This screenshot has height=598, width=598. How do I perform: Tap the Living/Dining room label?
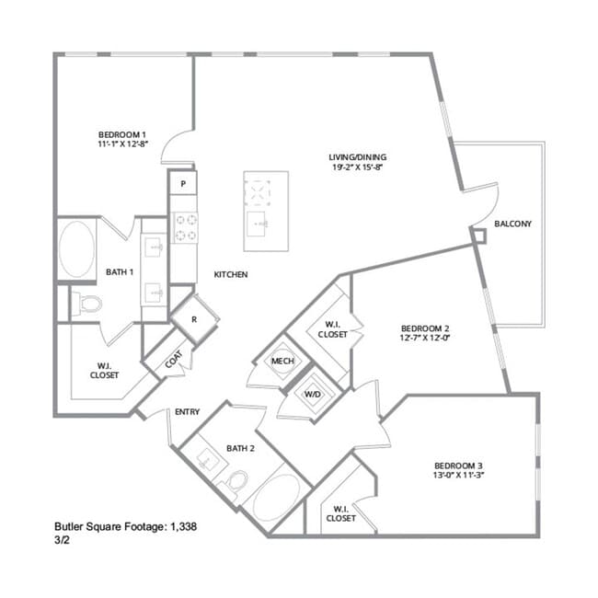(x=358, y=156)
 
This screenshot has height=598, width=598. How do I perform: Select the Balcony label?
(x=512, y=224)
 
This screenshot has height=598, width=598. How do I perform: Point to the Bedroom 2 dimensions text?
(x=425, y=337)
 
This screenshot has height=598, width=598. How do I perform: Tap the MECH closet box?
(x=282, y=361)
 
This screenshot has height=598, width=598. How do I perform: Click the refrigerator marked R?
(x=194, y=319)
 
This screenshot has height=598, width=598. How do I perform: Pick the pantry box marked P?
(x=184, y=184)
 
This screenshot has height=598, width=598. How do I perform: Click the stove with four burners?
(x=184, y=228)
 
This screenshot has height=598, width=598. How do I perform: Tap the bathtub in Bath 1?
(x=76, y=250)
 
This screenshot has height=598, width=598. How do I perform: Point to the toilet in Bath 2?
(x=237, y=479)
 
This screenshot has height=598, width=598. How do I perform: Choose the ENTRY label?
(x=187, y=412)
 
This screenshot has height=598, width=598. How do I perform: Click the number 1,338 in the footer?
(x=182, y=527)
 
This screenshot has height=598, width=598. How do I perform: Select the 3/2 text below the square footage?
(x=63, y=541)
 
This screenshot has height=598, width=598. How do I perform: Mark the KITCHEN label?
(x=231, y=274)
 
